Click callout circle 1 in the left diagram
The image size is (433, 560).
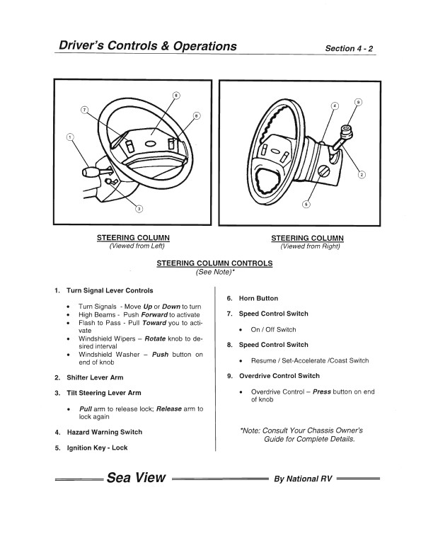click(x=69, y=137)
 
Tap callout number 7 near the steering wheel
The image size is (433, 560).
click(x=84, y=110)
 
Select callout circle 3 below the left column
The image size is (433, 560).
click(x=139, y=208)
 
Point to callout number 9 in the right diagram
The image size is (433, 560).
click(x=358, y=102)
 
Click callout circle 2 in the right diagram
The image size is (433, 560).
click(x=362, y=174)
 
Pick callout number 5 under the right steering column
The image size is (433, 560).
click(x=306, y=205)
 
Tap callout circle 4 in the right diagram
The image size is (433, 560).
click(x=335, y=106)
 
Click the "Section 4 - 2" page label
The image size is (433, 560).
click(x=349, y=49)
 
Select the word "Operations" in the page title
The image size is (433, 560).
click(x=196, y=47)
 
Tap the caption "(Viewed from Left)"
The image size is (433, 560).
click(x=137, y=246)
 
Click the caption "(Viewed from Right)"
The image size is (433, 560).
click(x=310, y=246)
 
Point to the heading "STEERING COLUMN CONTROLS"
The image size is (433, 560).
click(x=214, y=263)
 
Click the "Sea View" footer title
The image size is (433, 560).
click(x=137, y=477)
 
